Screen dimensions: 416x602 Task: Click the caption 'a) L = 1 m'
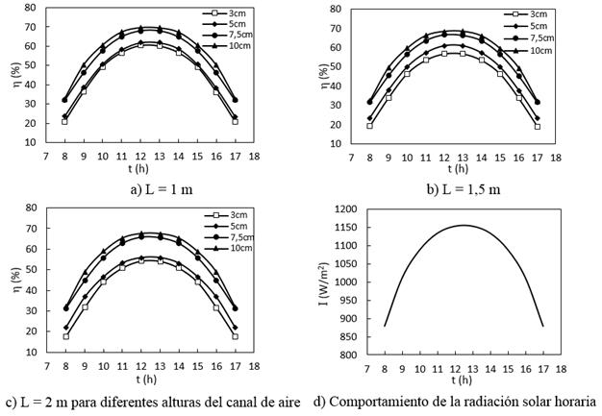point(160,188)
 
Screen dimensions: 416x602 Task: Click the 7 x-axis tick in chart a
point(46,153)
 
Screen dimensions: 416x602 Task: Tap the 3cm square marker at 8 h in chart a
point(64,121)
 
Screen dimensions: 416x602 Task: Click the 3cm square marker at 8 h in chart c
point(65,336)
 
